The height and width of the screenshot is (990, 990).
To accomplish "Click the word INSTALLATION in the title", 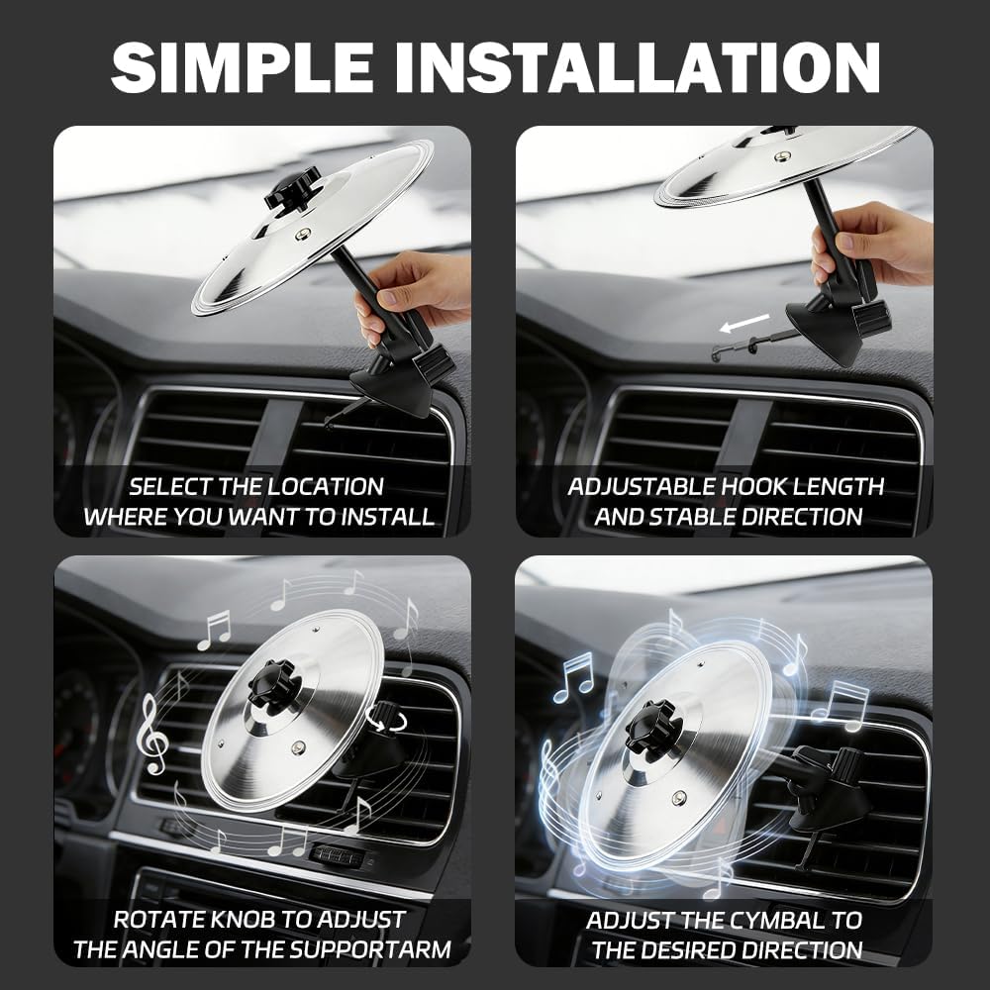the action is tap(641, 67).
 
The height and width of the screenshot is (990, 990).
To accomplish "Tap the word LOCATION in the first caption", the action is tap(324, 486).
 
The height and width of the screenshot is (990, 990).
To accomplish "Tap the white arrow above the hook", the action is tap(745, 323).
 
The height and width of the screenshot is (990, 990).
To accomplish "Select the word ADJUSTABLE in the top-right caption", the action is tap(641, 486).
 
